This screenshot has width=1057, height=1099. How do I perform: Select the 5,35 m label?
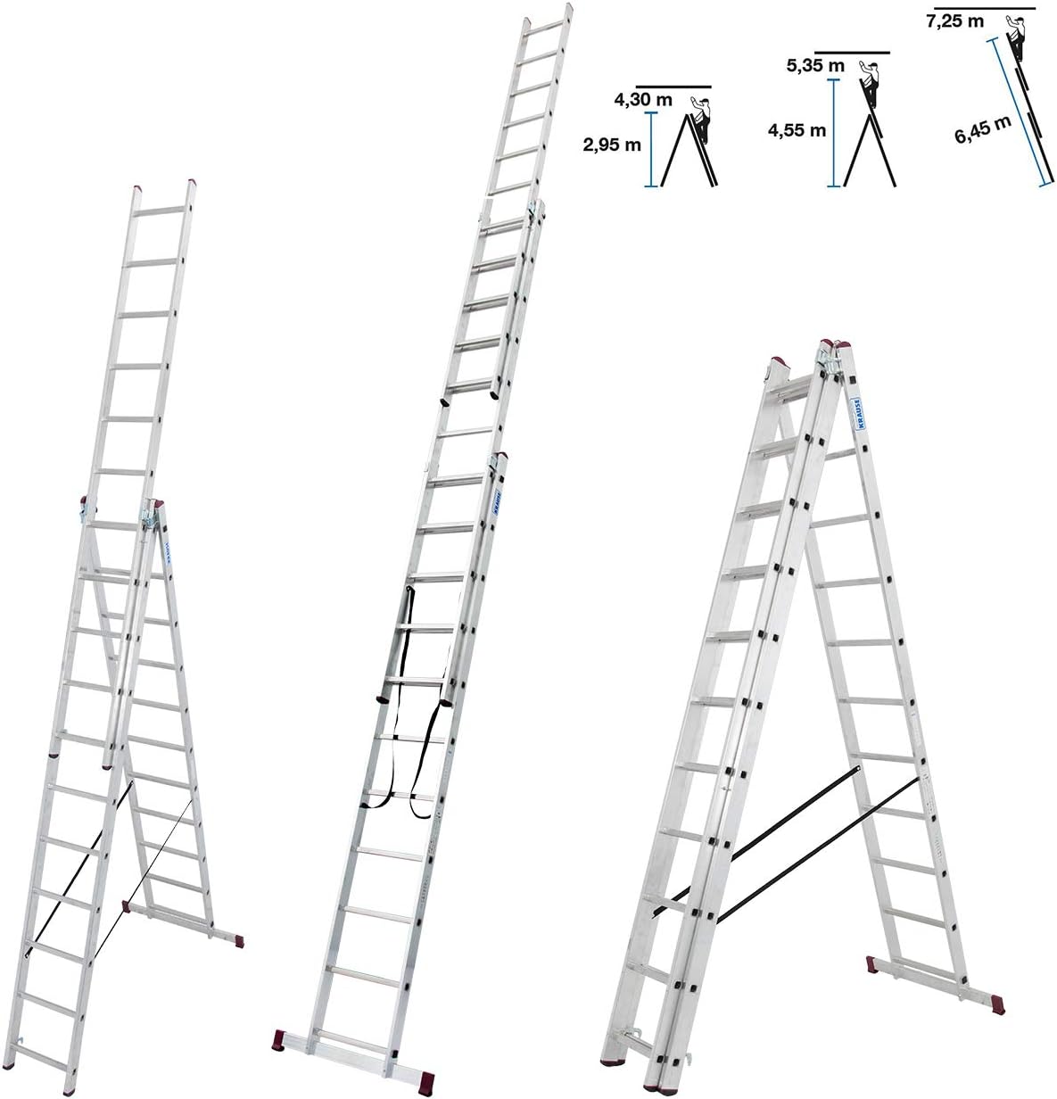click(815, 65)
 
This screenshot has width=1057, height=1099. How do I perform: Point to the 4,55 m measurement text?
click(797, 130)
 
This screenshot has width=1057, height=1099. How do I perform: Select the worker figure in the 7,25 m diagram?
click(1016, 36)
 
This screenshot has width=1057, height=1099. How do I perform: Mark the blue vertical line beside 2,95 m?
click(653, 149)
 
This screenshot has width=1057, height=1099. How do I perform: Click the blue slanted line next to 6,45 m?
click(1018, 112)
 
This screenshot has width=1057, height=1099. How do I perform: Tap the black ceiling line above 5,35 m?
click(852, 53)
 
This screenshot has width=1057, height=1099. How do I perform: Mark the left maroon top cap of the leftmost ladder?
click(136, 188)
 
